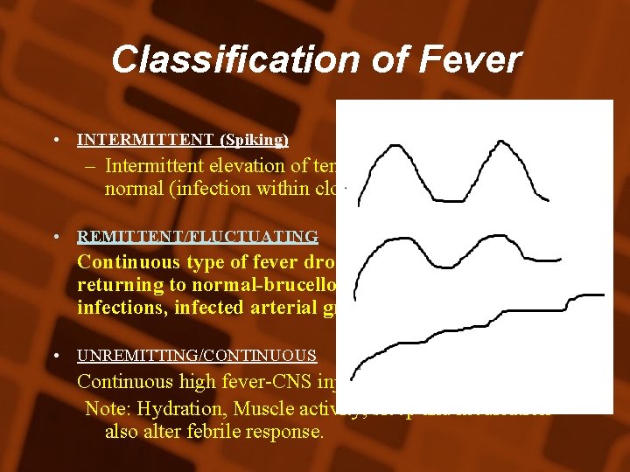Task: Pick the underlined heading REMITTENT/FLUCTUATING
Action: (198, 237)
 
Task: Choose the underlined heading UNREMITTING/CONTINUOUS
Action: (197, 356)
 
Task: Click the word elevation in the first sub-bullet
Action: (239, 165)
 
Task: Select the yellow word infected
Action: (208, 307)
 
